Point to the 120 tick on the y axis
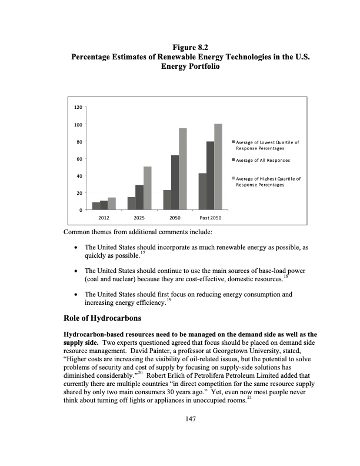tap(78, 108)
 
